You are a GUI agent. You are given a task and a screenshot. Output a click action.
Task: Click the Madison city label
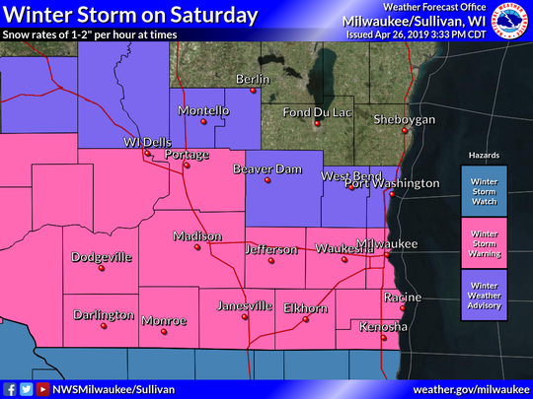pos(197,236)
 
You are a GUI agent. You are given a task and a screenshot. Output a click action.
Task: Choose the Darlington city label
pos(103,315)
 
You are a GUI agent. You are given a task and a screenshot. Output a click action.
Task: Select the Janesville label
pos(244,305)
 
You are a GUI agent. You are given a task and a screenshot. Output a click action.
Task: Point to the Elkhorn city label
pos(304,308)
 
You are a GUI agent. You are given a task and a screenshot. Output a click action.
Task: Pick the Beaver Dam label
pos(266,169)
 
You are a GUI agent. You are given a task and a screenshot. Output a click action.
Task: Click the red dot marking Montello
pos(204,123)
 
